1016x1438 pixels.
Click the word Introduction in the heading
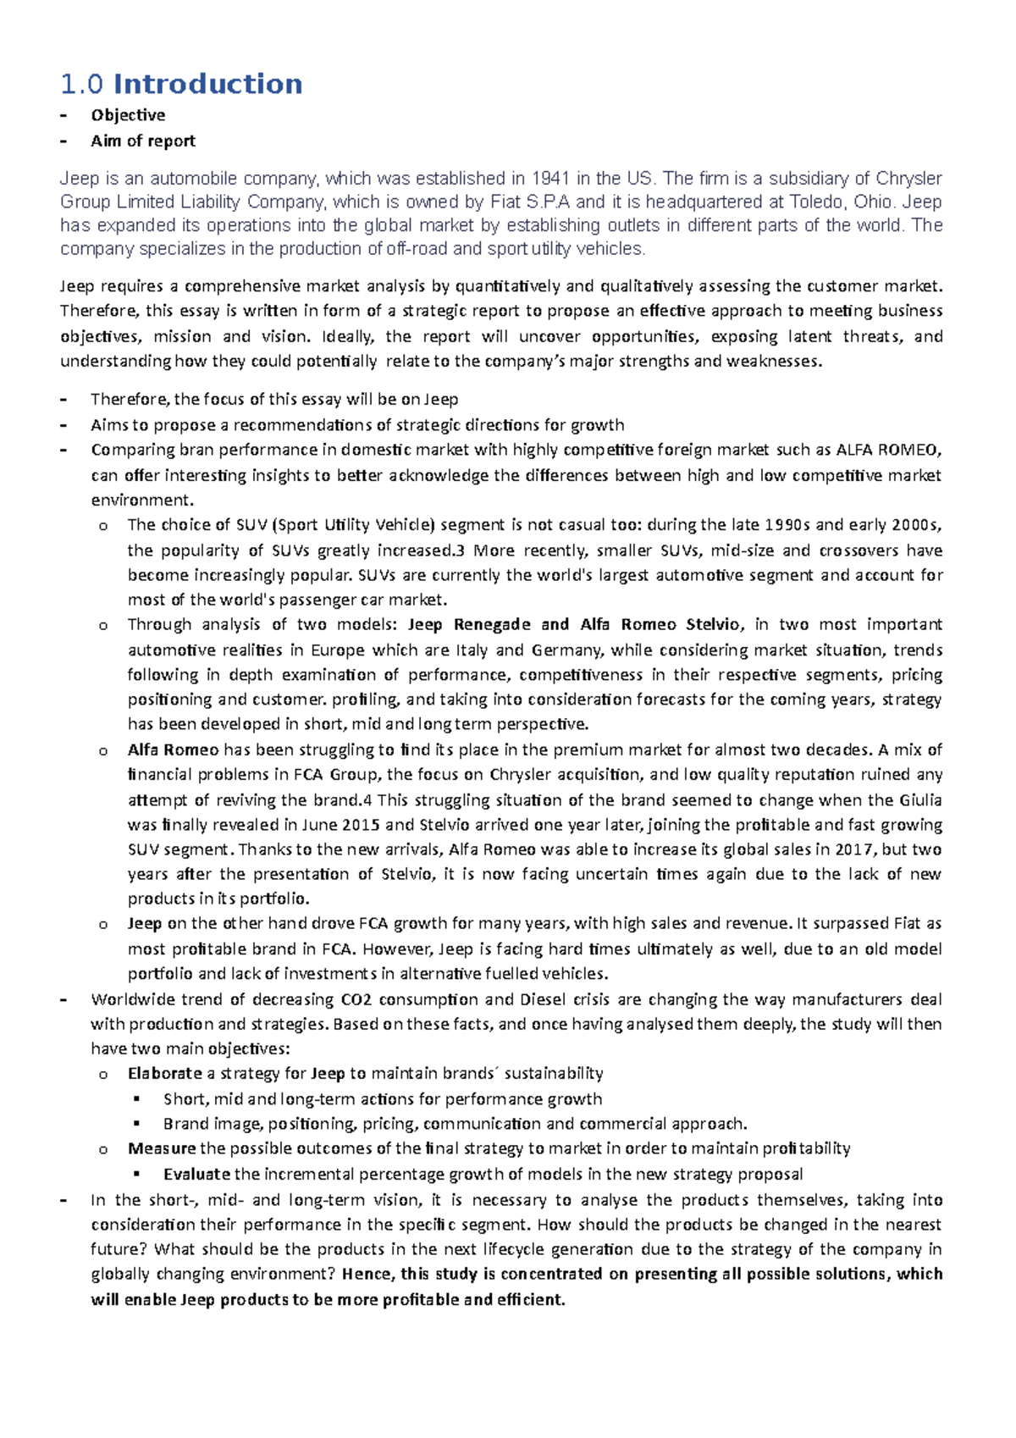[207, 84]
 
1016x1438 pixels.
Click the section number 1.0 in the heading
[82, 84]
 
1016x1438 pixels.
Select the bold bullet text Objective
[128, 115]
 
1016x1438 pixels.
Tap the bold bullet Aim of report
[143, 141]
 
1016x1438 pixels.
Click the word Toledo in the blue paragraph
[820, 202]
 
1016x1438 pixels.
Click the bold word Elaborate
[165, 1074]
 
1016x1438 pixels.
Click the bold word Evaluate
[197, 1175]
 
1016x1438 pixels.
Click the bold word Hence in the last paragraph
[367, 1275]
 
